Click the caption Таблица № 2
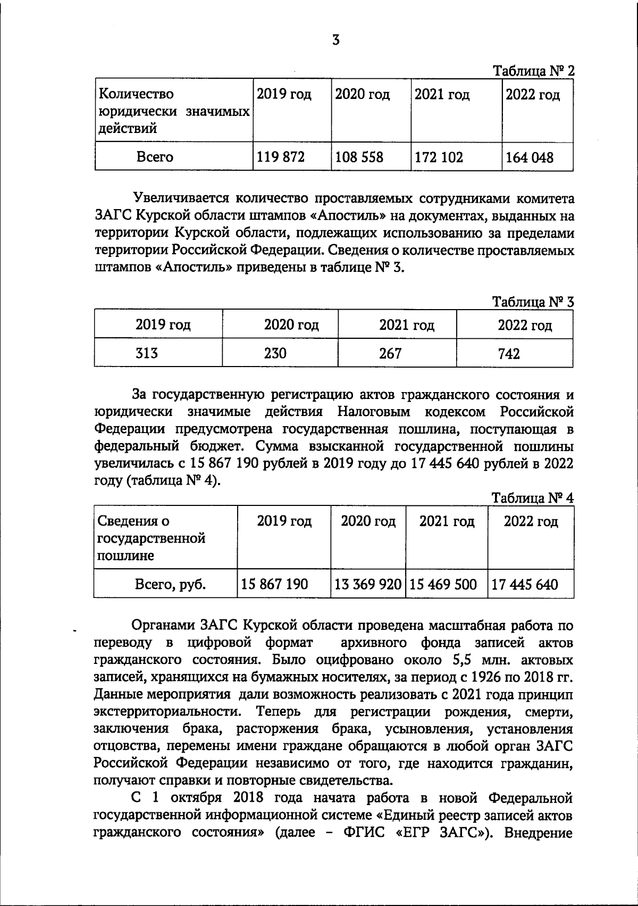pyautogui.click(x=533, y=71)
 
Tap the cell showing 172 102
pyautogui.click(x=439, y=157)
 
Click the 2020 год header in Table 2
pyautogui.click(x=363, y=95)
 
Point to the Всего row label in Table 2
pyautogui.click(x=155, y=157)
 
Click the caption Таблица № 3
pyautogui.click(x=533, y=302)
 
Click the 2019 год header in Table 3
pyautogui.click(x=163, y=325)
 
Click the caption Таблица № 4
pyautogui.click(x=533, y=498)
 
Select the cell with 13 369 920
pyautogui.click(x=367, y=585)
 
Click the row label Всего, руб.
pyautogui.click(x=171, y=585)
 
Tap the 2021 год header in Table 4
pyautogui.click(x=447, y=521)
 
